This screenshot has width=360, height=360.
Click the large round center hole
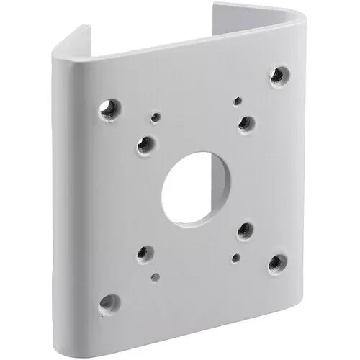(189, 186)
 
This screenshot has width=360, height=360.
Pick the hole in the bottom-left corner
(109, 302)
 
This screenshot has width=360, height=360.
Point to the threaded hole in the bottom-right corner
(276, 263)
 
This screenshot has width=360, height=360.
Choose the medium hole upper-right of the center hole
(246, 123)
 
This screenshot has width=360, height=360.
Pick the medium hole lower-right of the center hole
(245, 230)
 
